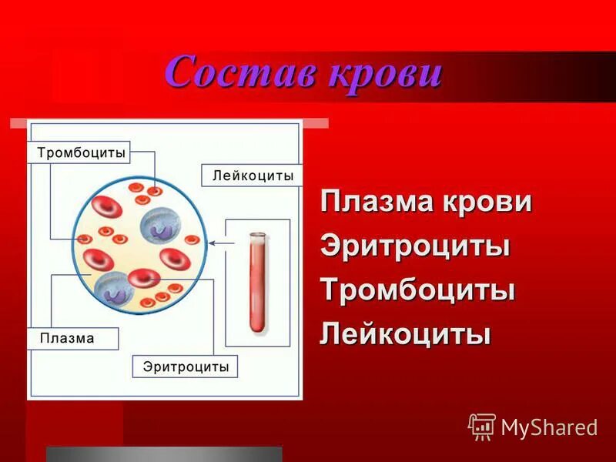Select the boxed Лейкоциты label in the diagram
tap(253, 176)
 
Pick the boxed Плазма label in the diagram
tap(67, 338)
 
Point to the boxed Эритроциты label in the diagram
tap(186, 367)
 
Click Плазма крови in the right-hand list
tap(427, 203)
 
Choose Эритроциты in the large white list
tap(416, 246)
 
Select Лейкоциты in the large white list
tap(406, 334)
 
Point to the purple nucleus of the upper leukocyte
tap(162, 229)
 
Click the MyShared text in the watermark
tap(549, 427)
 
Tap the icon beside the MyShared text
tap(482, 426)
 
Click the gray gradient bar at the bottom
tap(164, 454)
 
